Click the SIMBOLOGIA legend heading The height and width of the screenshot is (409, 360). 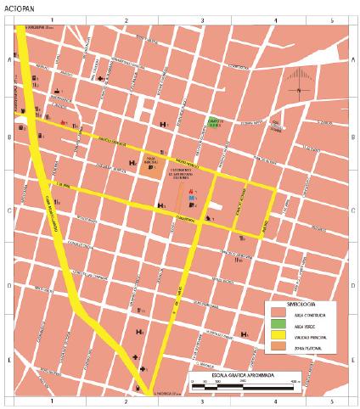coord(284,302)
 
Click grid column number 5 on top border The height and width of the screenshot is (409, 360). coord(331,19)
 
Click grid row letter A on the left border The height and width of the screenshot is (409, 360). coord(8,60)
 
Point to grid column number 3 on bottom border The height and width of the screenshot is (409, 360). coord(202,400)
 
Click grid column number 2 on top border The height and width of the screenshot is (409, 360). coord(127,19)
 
